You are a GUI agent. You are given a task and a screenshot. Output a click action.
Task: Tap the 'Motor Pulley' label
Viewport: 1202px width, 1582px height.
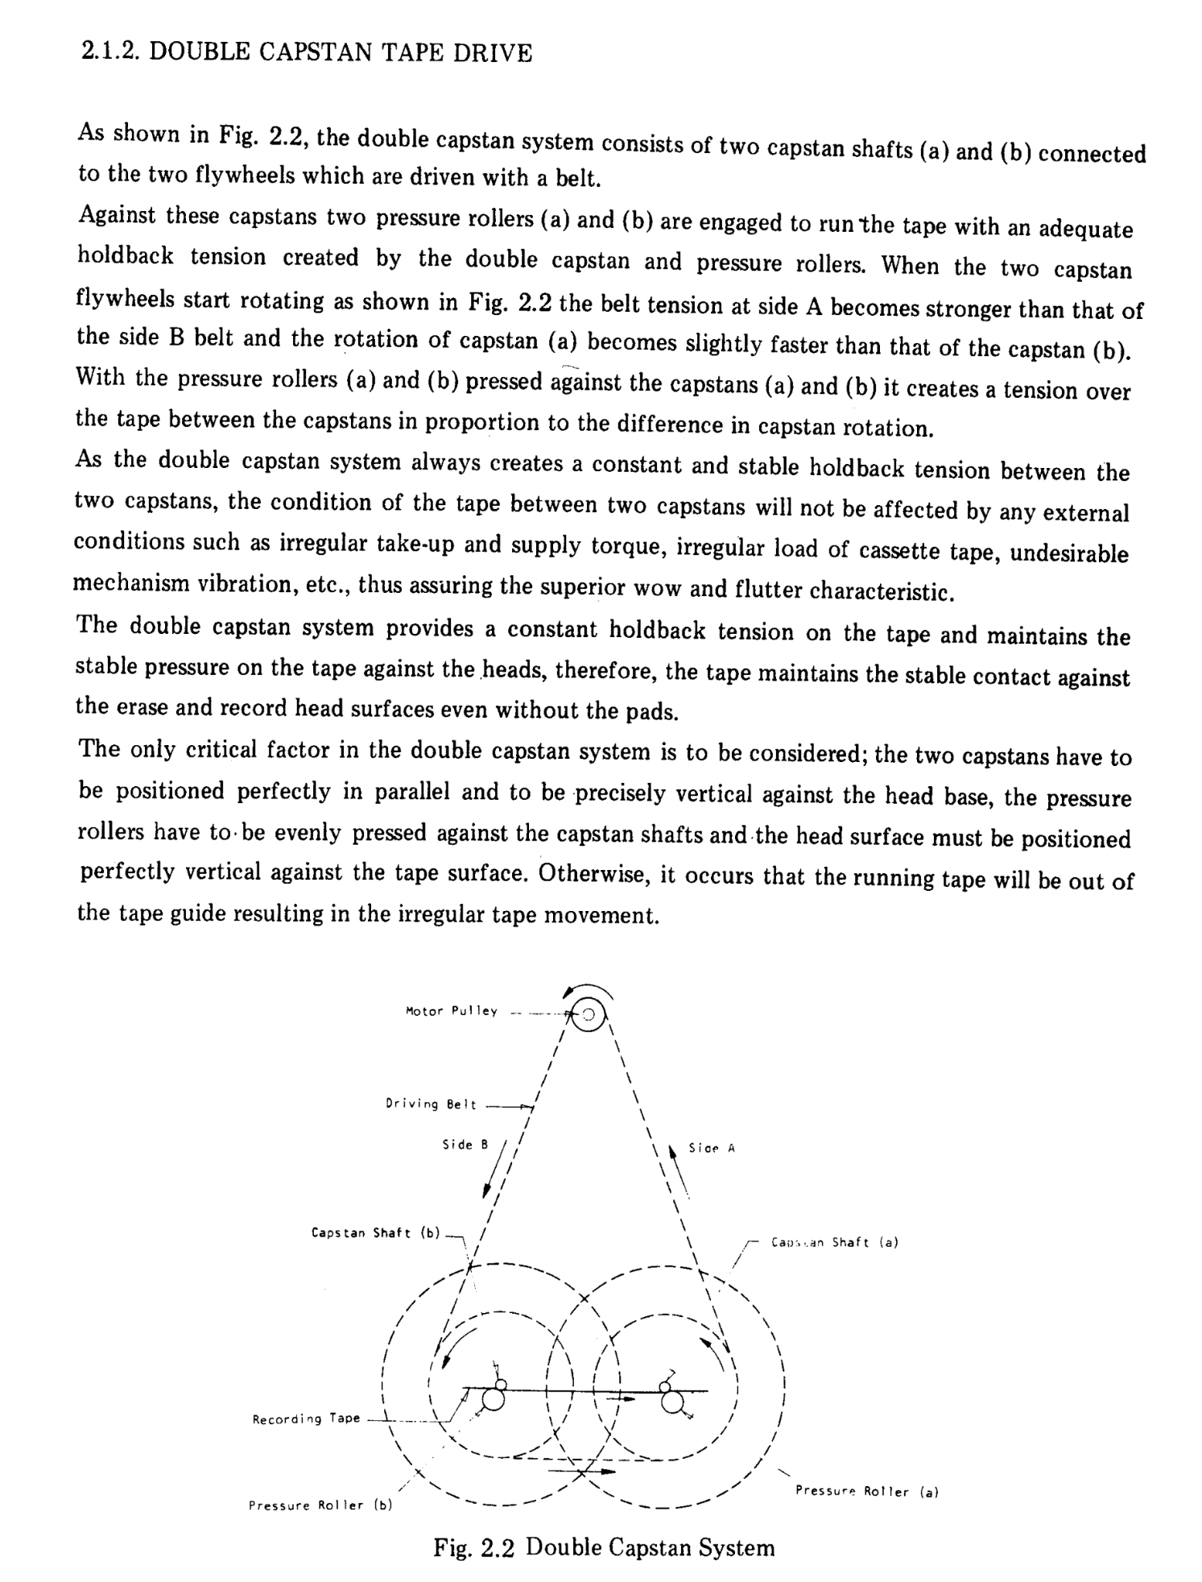click(452, 1011)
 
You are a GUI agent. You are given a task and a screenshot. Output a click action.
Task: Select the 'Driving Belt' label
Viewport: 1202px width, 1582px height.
click(431, 1104)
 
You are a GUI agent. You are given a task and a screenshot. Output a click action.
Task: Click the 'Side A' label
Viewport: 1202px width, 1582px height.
click(712, 1148)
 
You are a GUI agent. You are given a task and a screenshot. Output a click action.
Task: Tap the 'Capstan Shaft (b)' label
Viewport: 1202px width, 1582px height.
click(376, 1232)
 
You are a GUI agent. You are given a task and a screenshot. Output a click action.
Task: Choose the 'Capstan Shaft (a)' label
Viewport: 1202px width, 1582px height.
click(834, 1242)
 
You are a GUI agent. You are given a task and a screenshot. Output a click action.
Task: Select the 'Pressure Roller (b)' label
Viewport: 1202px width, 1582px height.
click(320, 1505)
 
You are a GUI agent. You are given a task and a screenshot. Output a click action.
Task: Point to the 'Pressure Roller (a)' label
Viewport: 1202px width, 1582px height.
click(866, 1491)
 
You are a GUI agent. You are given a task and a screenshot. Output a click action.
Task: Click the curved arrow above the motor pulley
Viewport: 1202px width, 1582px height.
click(588, 989)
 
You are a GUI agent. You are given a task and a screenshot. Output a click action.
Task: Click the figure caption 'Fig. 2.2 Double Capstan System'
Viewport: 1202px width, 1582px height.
click(604, 1547)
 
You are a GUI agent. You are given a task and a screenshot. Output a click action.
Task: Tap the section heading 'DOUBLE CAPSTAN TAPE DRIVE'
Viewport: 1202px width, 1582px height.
click(341, 53)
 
